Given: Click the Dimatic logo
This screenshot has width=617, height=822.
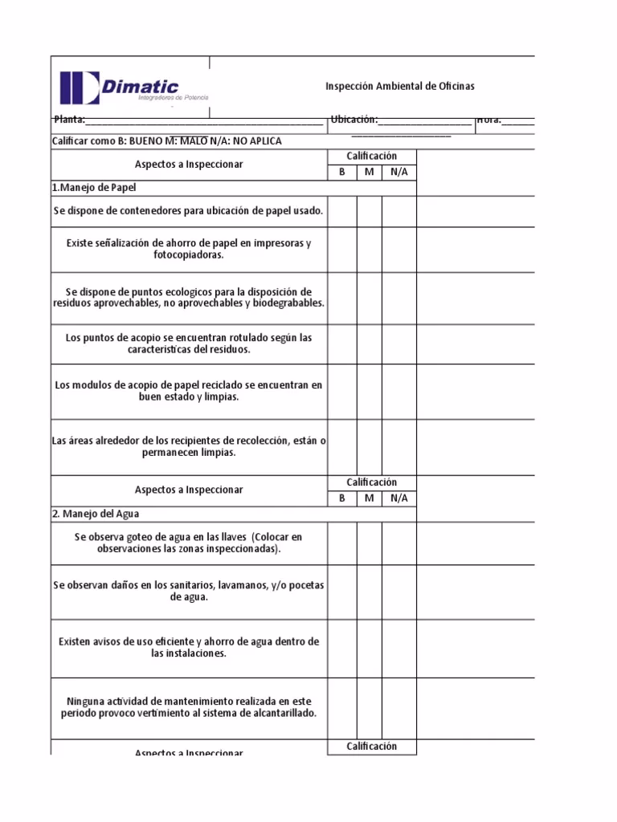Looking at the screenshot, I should (x=133, y=87).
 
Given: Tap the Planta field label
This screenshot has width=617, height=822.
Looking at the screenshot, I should (x=70, y=120).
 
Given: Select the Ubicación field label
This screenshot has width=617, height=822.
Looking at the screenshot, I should (x=353, y=120).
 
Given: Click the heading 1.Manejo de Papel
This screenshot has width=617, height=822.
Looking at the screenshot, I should (x=95, y=188).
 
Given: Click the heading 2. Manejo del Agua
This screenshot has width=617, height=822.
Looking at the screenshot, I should (x=97, y=514).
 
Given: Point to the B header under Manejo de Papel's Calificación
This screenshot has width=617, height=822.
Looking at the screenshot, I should (x=342, y=172).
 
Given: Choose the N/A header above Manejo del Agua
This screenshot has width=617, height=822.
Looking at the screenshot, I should (x=399, y=498).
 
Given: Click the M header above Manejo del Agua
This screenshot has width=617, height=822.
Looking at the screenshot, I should (x=370, y=498).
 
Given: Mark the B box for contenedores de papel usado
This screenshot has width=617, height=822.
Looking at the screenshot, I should (x=342, y=211).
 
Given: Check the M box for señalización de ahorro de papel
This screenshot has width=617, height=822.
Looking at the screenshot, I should (x=370, y=249).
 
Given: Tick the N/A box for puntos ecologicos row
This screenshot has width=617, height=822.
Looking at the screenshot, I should (x=399, y=297).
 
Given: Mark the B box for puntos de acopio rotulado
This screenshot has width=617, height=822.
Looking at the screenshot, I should (x=342, y=344).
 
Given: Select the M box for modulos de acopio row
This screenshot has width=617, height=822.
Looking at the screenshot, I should (x=370, y=391).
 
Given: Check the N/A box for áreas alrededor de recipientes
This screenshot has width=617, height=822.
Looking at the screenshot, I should (x=399, y=446).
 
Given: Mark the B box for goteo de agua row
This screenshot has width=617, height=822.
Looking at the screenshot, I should (x=342, y=543).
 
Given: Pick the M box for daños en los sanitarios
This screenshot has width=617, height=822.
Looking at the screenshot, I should (x=370, y=591).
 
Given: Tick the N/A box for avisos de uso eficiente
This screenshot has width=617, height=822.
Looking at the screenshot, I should (x=399, y=647).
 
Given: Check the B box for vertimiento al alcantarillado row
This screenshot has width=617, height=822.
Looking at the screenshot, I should (x=342, y=706).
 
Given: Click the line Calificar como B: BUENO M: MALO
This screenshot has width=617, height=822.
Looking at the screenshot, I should (x=167, y=140).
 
